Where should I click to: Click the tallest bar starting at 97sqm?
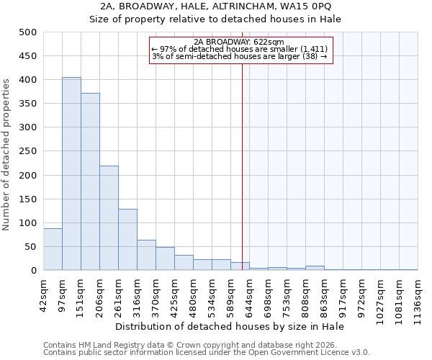(71, 174)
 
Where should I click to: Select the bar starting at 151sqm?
(90, 181)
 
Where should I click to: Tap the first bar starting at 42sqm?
(53, 249)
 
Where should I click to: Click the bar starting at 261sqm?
(127, 240)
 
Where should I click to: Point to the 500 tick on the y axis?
(28, 32)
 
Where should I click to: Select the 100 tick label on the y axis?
(28, 223)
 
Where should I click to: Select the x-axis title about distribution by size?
(230, 326)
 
